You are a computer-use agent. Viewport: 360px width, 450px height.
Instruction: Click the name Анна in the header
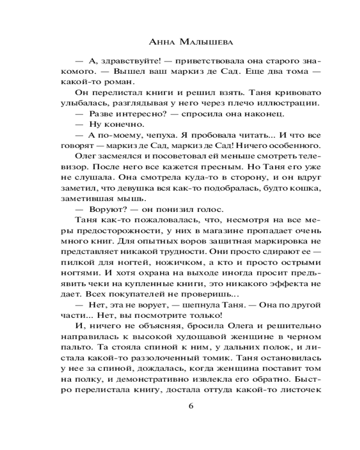(162, 43)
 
